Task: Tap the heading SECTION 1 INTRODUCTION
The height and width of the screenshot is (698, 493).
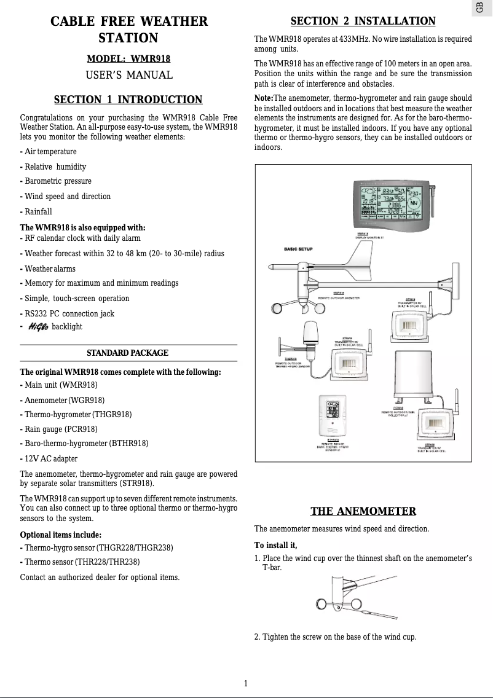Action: coord(128,100)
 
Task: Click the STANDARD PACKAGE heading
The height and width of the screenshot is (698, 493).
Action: coord(127,353)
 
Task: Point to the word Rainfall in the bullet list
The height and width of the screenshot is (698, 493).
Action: coord(38,211)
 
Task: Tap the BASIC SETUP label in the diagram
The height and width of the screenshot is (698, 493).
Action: coord(298,249)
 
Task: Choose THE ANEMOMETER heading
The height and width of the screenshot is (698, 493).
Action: coord(363,511)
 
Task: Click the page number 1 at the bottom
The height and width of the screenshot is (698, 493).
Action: coord(246,683)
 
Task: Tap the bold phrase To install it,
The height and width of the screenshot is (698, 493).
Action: coord(275,545)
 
